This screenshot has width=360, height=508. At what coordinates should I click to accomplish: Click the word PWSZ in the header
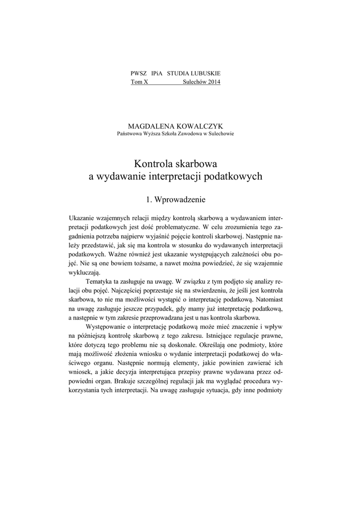(138, 73)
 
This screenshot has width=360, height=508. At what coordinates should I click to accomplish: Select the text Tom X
(139, 82)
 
